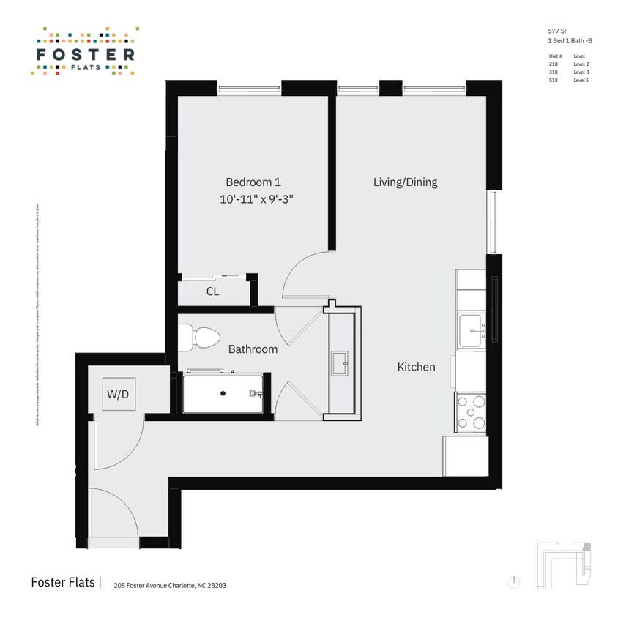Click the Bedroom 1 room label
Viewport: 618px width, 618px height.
[253, 182]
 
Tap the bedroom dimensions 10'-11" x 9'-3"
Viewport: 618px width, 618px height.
[261, 198]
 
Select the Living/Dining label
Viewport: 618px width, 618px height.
[405, 182]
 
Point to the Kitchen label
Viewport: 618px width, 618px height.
[416, 367]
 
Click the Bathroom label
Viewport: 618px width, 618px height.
[253, 349]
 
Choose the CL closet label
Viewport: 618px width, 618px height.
[212, 291]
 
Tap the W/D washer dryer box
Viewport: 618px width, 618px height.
[118, 394]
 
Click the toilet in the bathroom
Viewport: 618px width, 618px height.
[204, 338]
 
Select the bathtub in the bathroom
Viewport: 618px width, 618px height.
[223, 393]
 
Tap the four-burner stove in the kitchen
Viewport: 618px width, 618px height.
[470, 412]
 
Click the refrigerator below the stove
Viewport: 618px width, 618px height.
[465, 455]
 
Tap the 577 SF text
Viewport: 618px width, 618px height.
[559, 31]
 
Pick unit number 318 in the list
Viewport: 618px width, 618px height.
[553, 72]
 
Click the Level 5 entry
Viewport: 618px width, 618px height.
[581, 81]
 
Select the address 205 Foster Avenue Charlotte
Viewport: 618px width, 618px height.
[164, 585]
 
